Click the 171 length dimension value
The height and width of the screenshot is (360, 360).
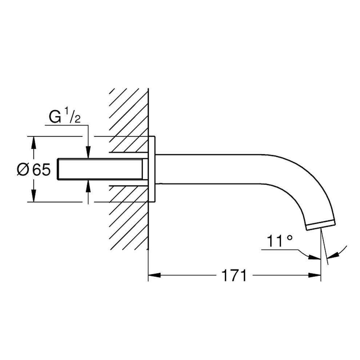pos(234,275)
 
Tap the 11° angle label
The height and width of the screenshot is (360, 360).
pos(280,241)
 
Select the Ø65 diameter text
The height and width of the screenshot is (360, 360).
pos(34,170)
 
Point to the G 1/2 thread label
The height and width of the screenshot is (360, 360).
pos(64,117)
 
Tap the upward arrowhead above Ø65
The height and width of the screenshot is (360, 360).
pos(34,143)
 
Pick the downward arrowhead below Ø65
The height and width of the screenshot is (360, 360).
pos(34,196)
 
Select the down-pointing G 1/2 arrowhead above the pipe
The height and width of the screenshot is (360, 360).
pos(88,152)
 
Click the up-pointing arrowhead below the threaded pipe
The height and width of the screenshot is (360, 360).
pos(88,186)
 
